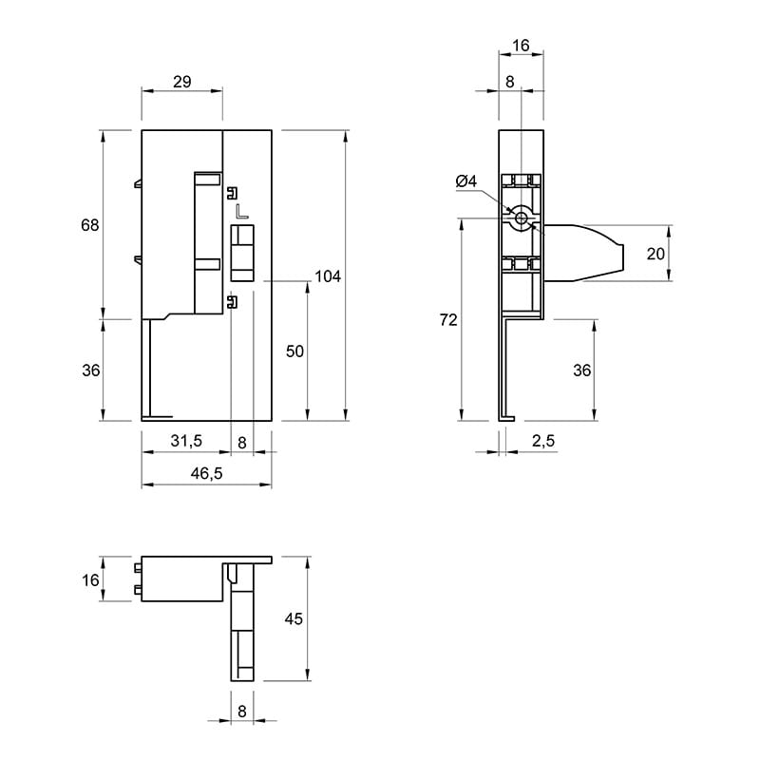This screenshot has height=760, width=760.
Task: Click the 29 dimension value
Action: click(182, 82)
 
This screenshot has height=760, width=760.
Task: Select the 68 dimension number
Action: click(89, 225)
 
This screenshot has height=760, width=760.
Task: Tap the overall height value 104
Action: click(328, 276)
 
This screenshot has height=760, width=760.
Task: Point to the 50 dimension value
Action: click(294, 351)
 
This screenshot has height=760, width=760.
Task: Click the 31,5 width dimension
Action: click(186, 441)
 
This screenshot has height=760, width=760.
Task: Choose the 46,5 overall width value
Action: click(206, 473)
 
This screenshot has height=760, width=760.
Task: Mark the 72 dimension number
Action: click(448, 320)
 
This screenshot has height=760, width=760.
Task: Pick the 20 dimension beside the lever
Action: click(655, 254)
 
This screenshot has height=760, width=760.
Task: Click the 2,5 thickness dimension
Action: click(543, 441)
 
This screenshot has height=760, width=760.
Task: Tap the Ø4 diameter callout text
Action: click(466, 181)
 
